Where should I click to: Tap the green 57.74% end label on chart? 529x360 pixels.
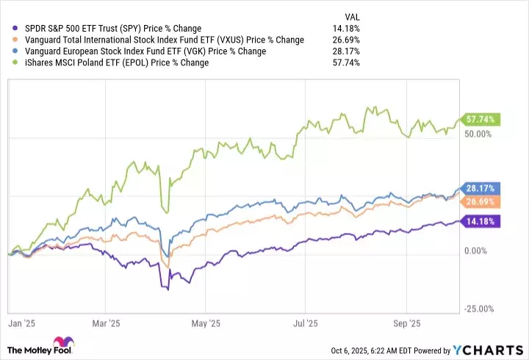point(479,119)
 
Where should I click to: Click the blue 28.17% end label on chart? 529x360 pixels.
point(479,188)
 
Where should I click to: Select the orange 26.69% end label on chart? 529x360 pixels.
point(479,201)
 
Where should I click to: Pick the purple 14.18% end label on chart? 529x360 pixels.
point(479,221)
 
